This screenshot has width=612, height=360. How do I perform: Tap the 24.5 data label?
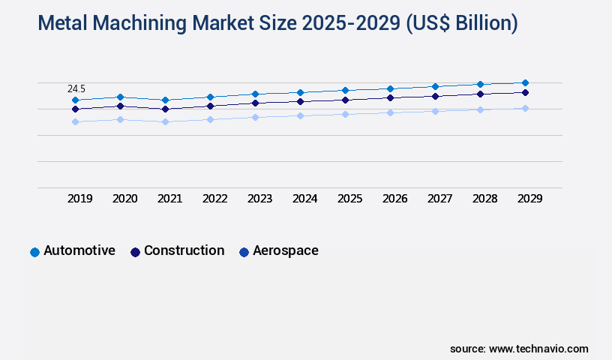point(76,89)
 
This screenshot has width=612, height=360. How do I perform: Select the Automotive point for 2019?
point(75,100)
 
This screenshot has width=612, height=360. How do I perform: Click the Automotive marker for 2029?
point(525,82)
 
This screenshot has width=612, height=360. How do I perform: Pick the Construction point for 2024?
point(300,101)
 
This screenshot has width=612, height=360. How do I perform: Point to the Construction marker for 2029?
point(525,92)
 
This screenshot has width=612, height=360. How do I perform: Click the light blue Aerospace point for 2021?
point(165,121)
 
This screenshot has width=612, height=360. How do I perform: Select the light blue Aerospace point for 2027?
point(435,111)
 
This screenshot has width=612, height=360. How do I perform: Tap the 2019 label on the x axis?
point(80,199)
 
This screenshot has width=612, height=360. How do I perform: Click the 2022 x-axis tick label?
point(215,199)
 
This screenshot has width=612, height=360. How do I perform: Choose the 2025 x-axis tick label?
point(350,199)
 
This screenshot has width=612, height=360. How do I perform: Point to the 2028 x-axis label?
point(485,199)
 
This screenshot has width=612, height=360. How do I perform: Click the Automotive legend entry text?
point(79,250)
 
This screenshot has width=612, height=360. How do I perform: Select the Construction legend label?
point(184,250)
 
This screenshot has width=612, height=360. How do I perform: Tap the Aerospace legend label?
point(285,250)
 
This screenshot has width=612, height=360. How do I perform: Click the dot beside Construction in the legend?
point(135,252)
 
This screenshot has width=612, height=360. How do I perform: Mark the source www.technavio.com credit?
point(519,349)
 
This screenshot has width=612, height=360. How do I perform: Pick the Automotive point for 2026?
point(390,88)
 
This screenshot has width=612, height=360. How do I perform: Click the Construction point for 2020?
point(120,106)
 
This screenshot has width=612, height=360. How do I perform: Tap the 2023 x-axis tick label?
point(260,199)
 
